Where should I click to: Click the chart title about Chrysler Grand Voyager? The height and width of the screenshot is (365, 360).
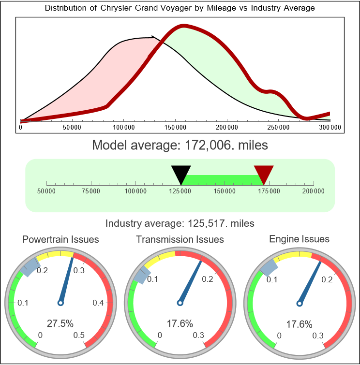pyautogui.click(x=180, y=8)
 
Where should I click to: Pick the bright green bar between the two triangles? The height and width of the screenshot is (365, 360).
pyautogui.click(x=223, y=180)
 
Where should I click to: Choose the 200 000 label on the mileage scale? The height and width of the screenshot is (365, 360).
pyautogui.click(x=314, y=191)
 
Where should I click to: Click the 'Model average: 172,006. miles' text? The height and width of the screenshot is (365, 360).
pyautogui.click(x=180, y=145)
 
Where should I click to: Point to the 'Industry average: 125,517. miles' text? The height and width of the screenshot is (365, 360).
pyautogui.click(x=180, y=223)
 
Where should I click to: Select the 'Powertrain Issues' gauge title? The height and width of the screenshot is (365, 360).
pyautogui.click(x=61, y=239)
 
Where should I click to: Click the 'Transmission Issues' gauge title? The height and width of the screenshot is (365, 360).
pyautogui.click(x=180, y=239)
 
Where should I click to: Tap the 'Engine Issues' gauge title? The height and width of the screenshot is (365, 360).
pyautogui.click(x=299, y=239)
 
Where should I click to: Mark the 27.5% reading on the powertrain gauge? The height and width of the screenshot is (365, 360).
pyautogui.click(x=60, y=323)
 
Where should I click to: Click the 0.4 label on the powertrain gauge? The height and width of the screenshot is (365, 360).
pyautogui.click(x=98, y=303)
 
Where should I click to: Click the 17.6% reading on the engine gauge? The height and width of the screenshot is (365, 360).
pyautogui.click(x=299, y=323)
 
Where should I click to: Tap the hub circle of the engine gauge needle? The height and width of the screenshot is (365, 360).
pyautogui.click(x=299, y=303)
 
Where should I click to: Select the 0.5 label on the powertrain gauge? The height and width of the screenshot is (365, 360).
pyautogui.click(x=79, y=336)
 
